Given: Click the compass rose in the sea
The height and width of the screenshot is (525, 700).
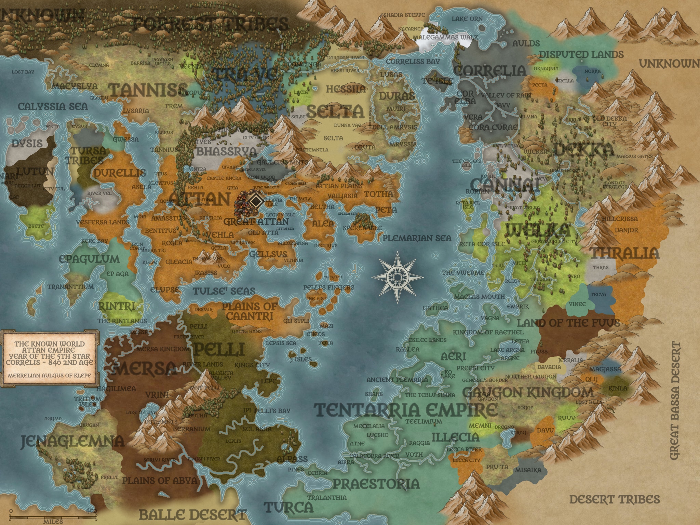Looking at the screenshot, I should tap(397, 277).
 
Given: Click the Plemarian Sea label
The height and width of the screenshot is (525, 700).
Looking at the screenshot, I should tap(417, 238).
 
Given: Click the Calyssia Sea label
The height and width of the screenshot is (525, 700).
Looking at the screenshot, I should tap(53, 106).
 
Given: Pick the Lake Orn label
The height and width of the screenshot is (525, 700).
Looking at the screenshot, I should tap(467, 19).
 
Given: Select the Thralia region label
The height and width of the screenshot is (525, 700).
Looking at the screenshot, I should tap(624, 253).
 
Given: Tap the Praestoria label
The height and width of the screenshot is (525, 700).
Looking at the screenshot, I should tap(376, 484).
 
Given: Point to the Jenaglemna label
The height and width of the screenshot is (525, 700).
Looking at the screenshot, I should tap(72, 441).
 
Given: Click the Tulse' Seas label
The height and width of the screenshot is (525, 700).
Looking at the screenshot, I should tap(224, 291).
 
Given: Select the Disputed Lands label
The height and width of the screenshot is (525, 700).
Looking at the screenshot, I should tap(581, 54).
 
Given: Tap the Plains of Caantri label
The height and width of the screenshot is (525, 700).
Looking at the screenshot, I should tap(250, 311).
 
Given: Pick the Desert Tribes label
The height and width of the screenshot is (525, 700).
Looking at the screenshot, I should tap(615, 499).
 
